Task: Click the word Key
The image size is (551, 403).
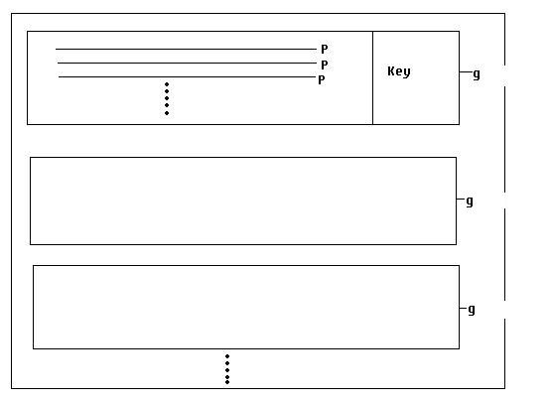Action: [399, 71]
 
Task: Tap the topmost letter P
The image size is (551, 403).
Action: [325, 50]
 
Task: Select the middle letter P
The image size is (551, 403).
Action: [325, 65]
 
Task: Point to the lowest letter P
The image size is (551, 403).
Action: [322, 80]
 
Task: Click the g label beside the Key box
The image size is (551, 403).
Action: [477, 74]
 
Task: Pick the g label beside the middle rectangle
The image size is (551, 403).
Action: [470, 201]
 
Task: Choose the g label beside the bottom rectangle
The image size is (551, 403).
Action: [472, 310]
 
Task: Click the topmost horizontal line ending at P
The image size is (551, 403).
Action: [186, 49]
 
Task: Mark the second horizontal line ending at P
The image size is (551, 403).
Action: [187, 63]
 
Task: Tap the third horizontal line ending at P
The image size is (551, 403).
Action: [187, 76]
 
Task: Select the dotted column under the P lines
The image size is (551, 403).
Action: [167, 98]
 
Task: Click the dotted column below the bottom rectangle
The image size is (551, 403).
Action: [227, 369]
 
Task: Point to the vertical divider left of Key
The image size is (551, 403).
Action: [372, 77]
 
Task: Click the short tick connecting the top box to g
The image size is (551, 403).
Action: [466, 72]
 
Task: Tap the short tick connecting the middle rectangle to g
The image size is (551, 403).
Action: [461, 199]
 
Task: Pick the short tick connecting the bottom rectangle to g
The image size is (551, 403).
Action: [463, 308]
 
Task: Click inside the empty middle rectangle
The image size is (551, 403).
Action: [243, 201]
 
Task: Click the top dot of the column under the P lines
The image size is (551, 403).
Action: [167, 84]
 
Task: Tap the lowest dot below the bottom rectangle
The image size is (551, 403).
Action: [227, 382]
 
